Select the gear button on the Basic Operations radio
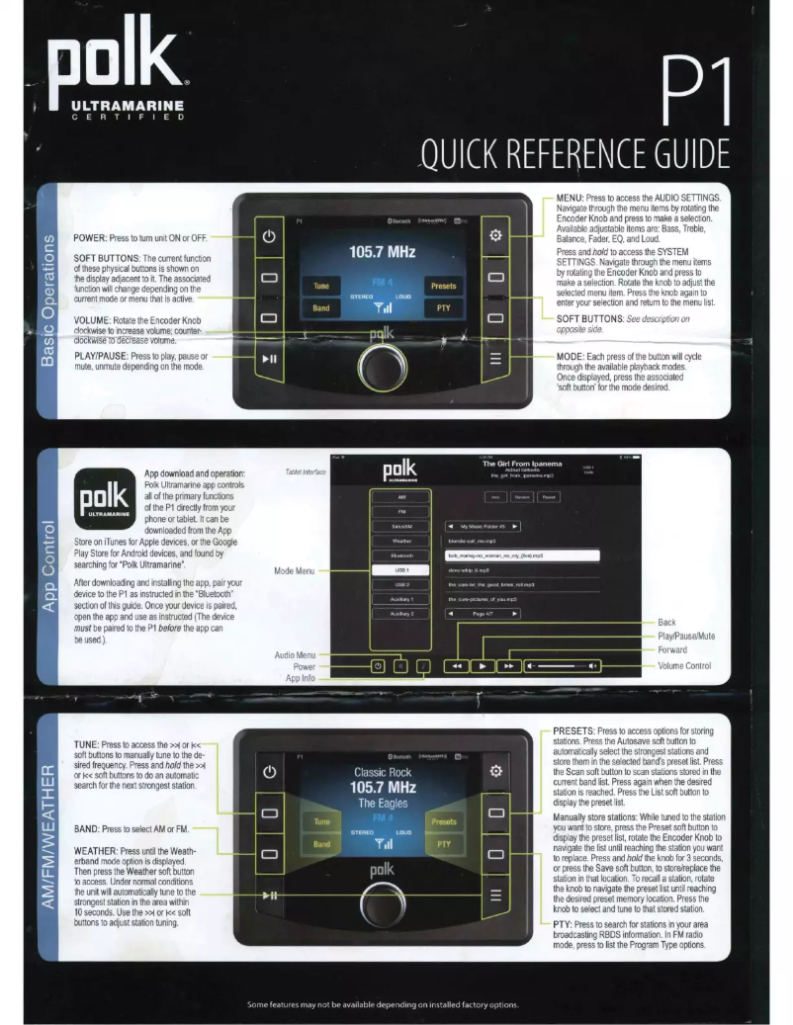tap(497, 237)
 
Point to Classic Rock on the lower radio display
tap(383, 771)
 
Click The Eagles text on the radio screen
tap(383, 804)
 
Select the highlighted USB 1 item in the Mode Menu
tap(401, 570)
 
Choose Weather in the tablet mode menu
tap(401, 541)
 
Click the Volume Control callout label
tap(684, 666)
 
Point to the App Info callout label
tap(301, 678)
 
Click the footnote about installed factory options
tap(383, 1005)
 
